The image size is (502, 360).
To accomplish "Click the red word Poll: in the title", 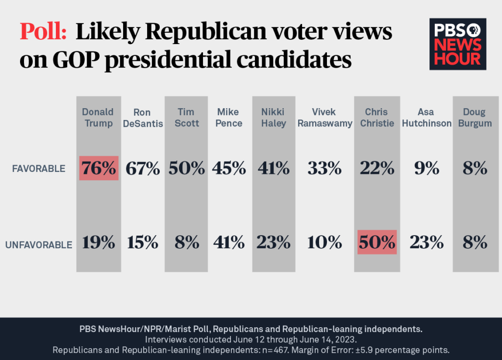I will coord(43,33).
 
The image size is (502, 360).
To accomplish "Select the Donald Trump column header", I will coord(98,118).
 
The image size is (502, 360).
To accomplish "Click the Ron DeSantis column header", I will coord(143,118).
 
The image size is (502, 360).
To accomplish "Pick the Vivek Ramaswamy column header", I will coord(325,118).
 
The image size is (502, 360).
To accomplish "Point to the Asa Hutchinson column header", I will coord(427,118).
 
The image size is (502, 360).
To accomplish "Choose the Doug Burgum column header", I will coord(474,118).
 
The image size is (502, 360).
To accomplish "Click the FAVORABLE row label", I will coord(39,168).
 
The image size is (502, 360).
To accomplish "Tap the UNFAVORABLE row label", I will coord(39,244).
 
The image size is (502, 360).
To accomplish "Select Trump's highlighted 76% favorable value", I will coord(99,168).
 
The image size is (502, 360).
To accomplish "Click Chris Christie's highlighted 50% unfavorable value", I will coord(377,242).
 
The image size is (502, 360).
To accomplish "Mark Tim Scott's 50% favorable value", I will coord(187,168).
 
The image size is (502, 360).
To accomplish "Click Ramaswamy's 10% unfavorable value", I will coord(325,242).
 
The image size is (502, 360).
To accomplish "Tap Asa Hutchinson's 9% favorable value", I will coord(427,168).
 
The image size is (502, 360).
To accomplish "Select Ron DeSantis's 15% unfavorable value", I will coord(143,242).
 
